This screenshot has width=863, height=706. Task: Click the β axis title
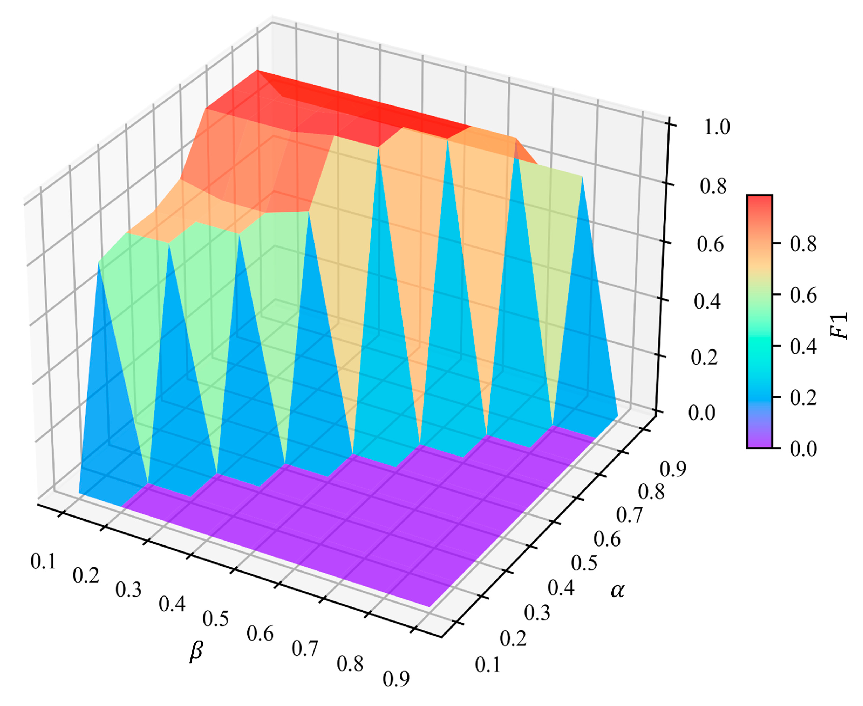click(196, 651)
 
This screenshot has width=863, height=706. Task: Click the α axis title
click(617, 589)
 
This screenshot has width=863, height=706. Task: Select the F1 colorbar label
click(839, 325)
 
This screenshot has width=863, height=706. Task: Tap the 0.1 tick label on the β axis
click(43, 561)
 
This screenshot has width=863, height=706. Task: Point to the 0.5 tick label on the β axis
click(215, 618)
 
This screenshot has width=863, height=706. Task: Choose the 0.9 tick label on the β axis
click(396, 679)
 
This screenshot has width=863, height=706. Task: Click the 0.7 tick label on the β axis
click(305, 648)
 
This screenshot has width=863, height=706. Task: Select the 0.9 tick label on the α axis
click(673, 470)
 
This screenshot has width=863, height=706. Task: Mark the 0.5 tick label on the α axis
click(584, 563)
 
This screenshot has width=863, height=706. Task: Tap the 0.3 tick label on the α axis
click(537, 613)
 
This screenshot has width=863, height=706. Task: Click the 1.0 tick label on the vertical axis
click(717, 127)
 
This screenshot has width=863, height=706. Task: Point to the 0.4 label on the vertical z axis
click(707, 301)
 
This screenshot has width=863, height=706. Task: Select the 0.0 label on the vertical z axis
click(702, 413)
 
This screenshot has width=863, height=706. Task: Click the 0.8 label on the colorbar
click(803, 243)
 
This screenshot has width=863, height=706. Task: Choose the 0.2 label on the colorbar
click(803, 397)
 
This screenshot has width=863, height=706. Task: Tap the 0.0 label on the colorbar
click(803, 448)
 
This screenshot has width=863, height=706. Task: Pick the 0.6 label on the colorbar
click(803, 295)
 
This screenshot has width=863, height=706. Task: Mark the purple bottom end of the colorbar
click(759, 442)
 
